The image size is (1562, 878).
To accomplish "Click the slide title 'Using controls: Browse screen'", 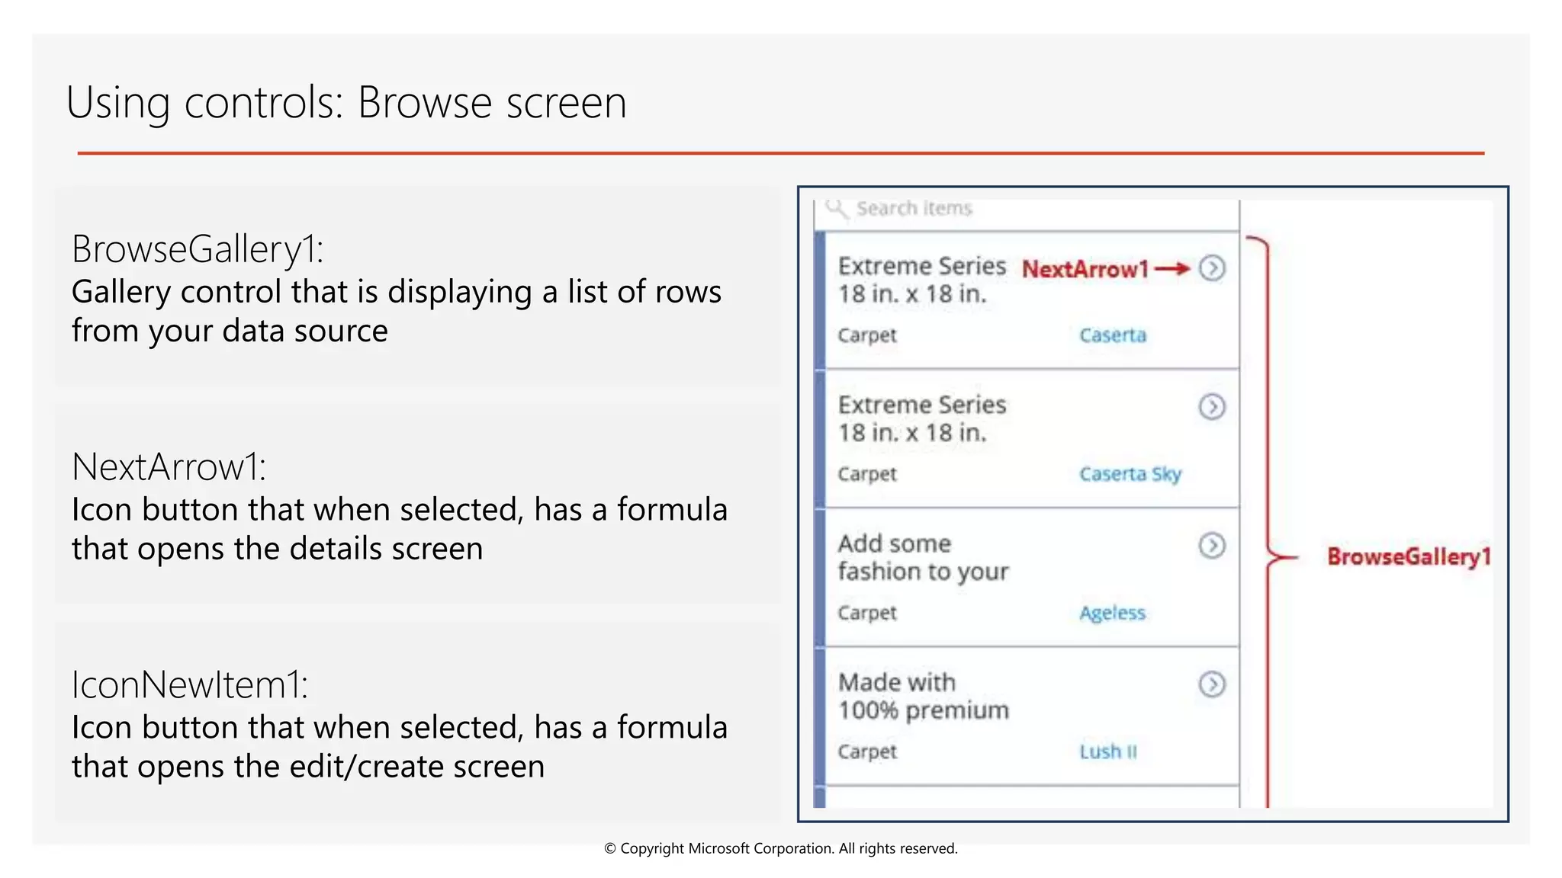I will (346, 103).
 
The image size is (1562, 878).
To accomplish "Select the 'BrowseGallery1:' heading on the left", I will (198, 249).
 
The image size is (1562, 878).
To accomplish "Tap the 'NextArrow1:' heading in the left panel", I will (169, 467).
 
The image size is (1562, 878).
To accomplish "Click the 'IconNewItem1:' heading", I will (190, 685).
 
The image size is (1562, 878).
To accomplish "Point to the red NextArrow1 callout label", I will (1085, 269).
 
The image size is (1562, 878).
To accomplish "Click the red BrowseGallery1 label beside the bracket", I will (1408, 556).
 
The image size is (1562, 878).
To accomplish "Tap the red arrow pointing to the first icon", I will (1172, 268).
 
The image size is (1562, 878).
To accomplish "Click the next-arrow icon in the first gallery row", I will (1212, 268).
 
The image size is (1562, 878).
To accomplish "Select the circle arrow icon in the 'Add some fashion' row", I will (1212, 546).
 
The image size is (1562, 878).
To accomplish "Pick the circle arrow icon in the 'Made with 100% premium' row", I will (1212, 684).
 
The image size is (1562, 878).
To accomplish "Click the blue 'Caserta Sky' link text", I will (1130, 474).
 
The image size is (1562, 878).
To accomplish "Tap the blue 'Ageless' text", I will (1112, 613).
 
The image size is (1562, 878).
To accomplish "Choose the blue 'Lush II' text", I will (1107, 751).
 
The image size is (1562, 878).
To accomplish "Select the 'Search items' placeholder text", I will (914, 208).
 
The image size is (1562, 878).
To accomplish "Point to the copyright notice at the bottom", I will (780, 848).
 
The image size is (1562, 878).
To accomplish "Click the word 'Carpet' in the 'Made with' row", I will (867, 751).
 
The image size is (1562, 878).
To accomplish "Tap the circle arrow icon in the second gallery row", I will (1212, 407).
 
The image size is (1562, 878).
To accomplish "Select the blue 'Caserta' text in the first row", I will (1112, 335).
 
